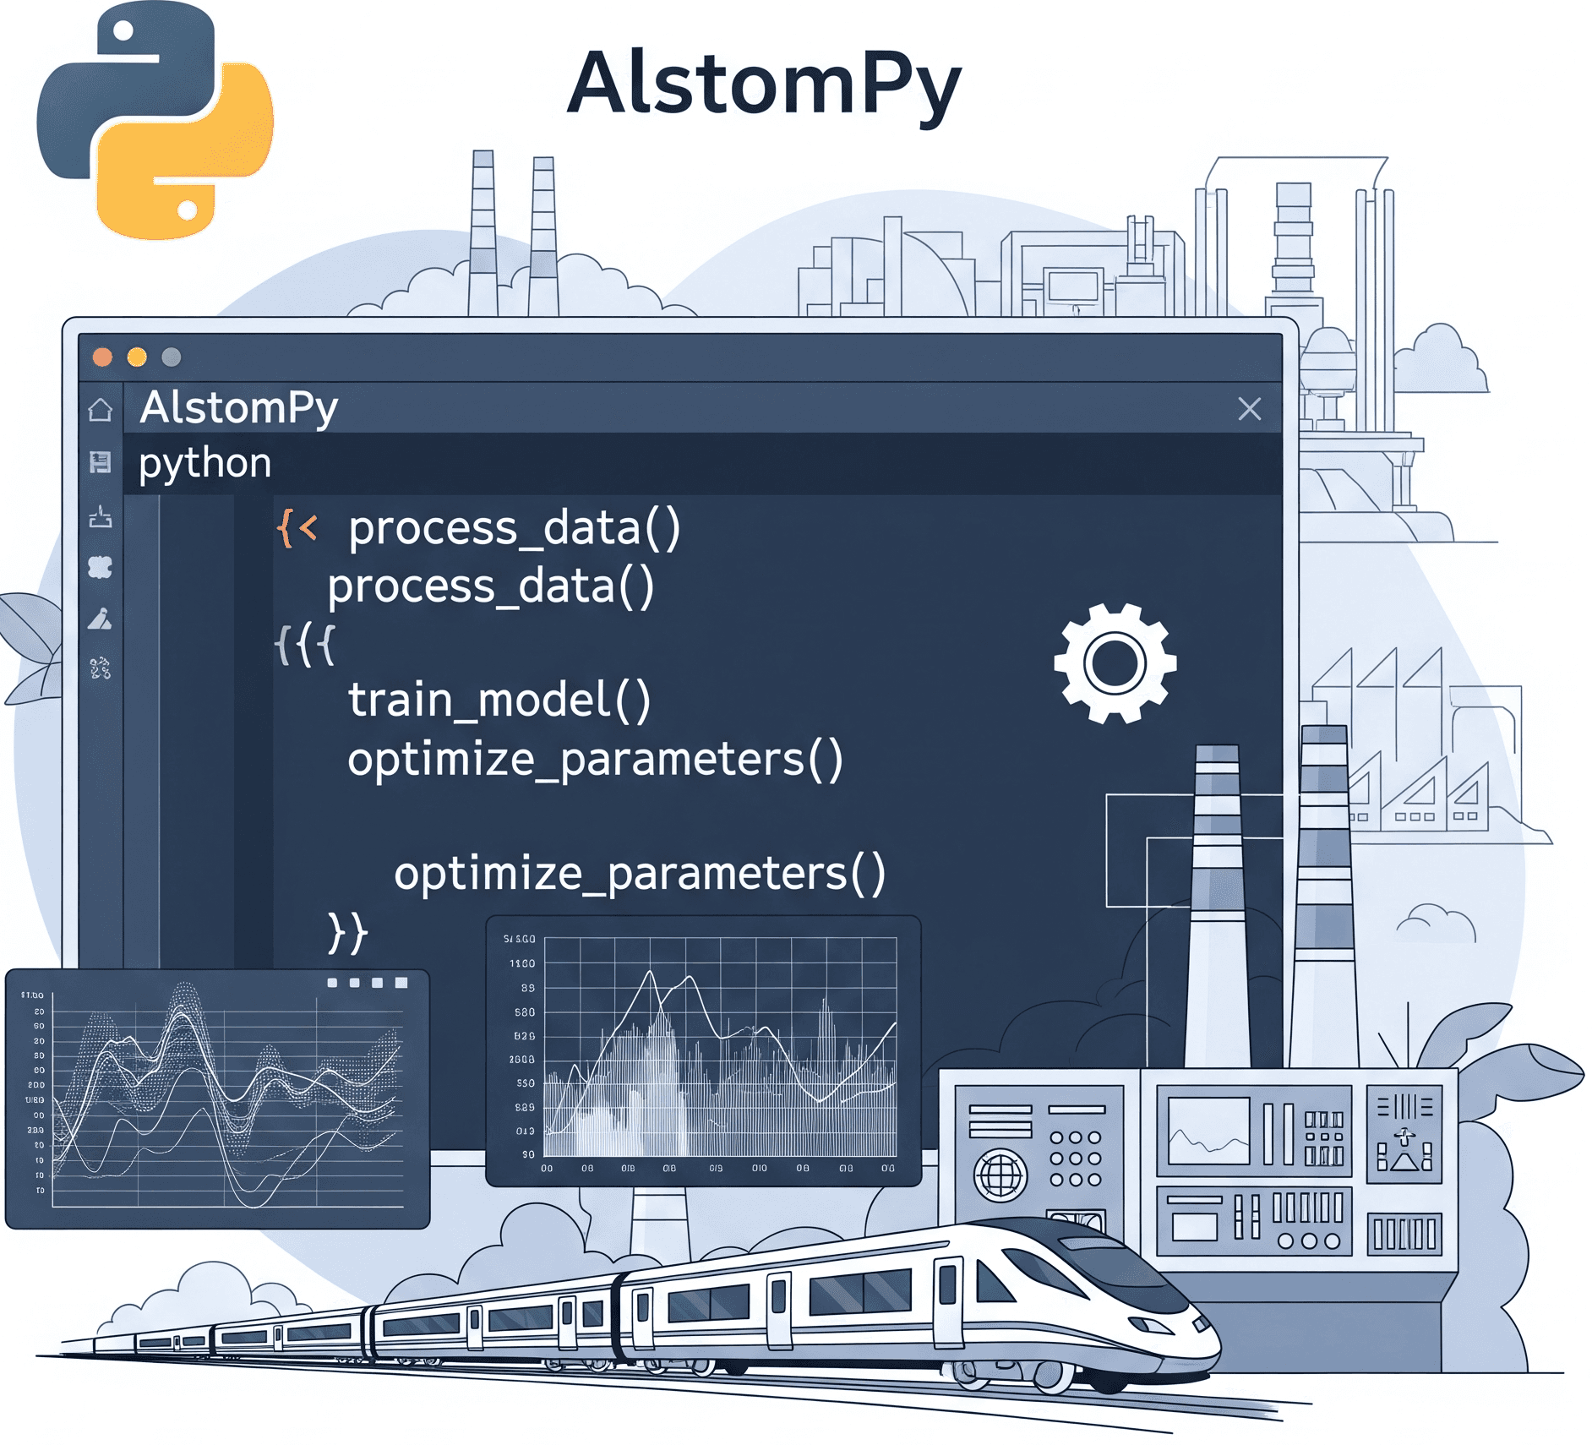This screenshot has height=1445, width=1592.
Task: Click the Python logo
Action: pyautogui.click(x=155, y=120)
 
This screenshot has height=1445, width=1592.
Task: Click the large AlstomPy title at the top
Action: pyautogui.click(x=764, y=85)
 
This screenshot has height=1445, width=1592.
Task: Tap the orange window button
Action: pyautogui.click(x=102, y=357)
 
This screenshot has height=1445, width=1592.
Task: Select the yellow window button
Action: pyautogui.click(x=137, y=357)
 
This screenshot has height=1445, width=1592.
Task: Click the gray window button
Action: pyautogui.click(x=172, y=357)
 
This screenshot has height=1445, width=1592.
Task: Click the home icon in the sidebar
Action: pyautogui.click(x=101, y=410)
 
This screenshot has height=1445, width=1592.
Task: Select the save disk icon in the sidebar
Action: pyautogui.click(x=101, y=462)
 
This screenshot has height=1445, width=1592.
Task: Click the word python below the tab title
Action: pyautogui.click(x=204, y=463)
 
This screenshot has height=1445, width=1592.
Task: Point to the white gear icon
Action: pyautogui.click(x=1115, y=663)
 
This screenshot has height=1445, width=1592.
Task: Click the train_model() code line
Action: pyautogui.click(x=499, y=701)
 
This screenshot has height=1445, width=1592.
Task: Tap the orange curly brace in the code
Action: pyautogui.click(x=285, y=528)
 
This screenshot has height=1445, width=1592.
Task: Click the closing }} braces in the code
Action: pyautogui.click(x=347, y=932)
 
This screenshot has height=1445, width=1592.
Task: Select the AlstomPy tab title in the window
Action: pyautogui.click(x=239, y=408)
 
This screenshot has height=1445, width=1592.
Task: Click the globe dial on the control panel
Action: pyautogui.click(x=1000, y=1175)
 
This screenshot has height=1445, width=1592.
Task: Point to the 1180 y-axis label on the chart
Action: pyautogui.click(x=521, y=963)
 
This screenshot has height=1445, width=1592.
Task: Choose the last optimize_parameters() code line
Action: pyautogui.click(x=639, y=873)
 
